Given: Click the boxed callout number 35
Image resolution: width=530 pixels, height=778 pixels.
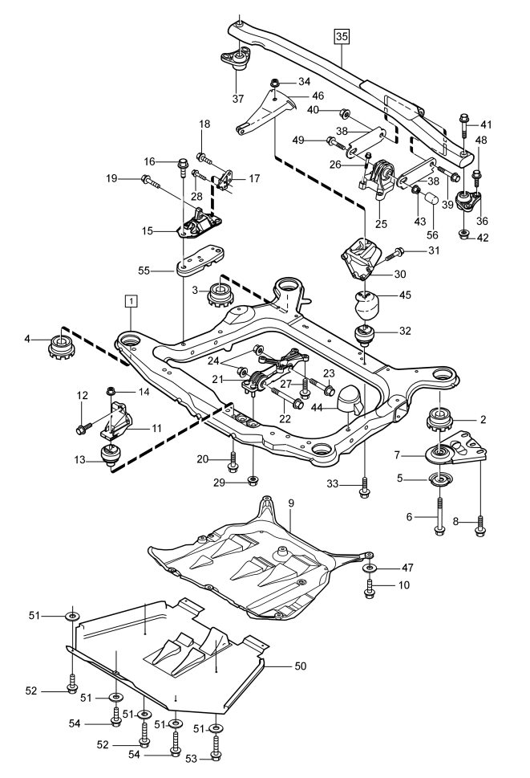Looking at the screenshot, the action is pos(342,36).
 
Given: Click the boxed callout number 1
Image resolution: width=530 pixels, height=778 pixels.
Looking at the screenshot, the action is pos(131,301).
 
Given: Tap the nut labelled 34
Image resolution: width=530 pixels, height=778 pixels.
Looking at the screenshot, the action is pos(274,83).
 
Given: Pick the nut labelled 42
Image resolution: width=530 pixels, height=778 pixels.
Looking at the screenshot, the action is pos(463,234).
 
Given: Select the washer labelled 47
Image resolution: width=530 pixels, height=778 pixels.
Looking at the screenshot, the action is pos(370,568).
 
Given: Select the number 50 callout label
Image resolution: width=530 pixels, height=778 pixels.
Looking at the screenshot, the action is pos(301,666).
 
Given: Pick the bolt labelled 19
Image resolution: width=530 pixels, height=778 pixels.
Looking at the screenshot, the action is pos(151,181).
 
